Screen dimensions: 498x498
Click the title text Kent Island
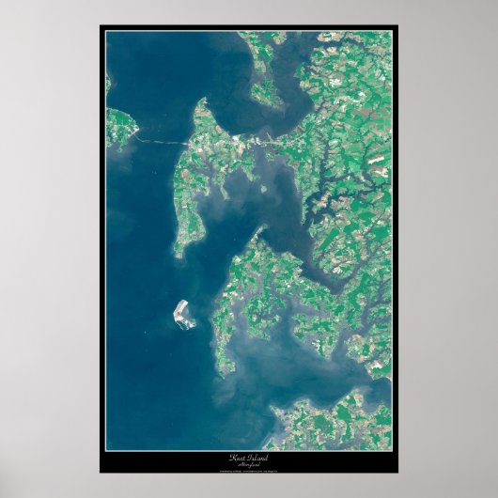248,456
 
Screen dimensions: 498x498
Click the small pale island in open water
183,314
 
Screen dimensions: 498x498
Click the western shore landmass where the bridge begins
119,127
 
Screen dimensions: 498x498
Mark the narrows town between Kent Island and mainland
254,140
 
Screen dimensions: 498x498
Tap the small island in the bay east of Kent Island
263,188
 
